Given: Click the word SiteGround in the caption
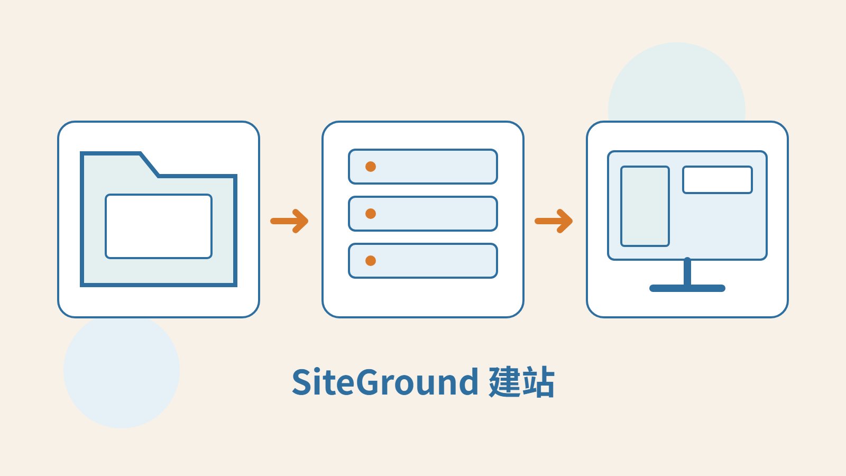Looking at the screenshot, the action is (385, 382).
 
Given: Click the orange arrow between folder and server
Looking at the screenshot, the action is (289, 221).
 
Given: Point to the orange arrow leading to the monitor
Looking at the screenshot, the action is (554, 221).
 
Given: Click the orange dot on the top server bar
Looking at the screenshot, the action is (371, 167).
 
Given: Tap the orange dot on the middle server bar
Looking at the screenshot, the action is (371, 214).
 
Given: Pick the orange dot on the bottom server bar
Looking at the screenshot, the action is (371, 261).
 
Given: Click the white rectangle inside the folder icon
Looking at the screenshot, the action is (159, 226).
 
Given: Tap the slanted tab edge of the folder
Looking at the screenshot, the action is (149, 164).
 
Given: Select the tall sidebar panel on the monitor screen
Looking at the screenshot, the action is (645, 206).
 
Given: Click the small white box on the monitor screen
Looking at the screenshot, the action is (717, 180).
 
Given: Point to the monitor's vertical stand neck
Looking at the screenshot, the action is (687, 272).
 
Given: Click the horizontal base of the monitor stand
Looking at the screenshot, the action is (687, 288).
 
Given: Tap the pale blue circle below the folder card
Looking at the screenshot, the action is (122, 372).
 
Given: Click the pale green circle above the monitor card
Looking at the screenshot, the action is (677, 81).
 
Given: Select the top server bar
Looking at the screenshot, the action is (423, 167).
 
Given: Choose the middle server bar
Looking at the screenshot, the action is (423, 214).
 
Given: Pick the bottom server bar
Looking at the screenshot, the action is (423, 261).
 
